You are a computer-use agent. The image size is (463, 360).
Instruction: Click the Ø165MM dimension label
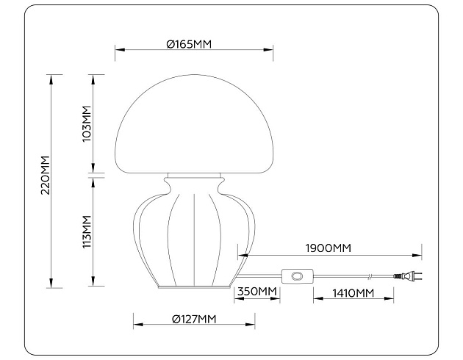tap(189, 44)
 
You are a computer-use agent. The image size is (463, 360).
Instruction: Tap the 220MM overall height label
tap(46, 176)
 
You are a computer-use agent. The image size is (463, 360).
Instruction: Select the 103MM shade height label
tap(87, 124)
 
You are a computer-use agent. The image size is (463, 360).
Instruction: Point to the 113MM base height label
tap(87, 232)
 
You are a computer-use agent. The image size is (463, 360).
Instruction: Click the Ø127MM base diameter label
tap(194, 319)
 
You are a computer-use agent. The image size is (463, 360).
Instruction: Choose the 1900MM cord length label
tap(329, 248)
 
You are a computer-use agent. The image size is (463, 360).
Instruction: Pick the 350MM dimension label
tap(257, 292)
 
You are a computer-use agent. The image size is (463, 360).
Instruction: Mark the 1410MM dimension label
tap(353, 293)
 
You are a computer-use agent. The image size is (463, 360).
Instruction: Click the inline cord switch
tap(297, 276)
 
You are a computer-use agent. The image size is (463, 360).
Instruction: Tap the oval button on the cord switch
tap(297, 276)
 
